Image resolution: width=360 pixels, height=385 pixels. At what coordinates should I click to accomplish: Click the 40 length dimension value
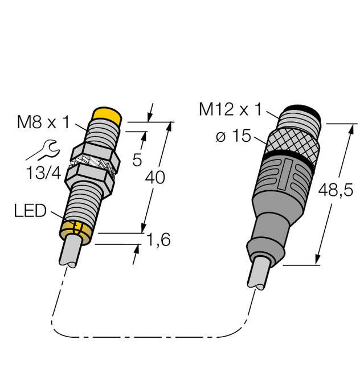click(x=155, y=178)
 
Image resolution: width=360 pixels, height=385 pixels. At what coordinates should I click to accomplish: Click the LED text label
click(x=30, y=211)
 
